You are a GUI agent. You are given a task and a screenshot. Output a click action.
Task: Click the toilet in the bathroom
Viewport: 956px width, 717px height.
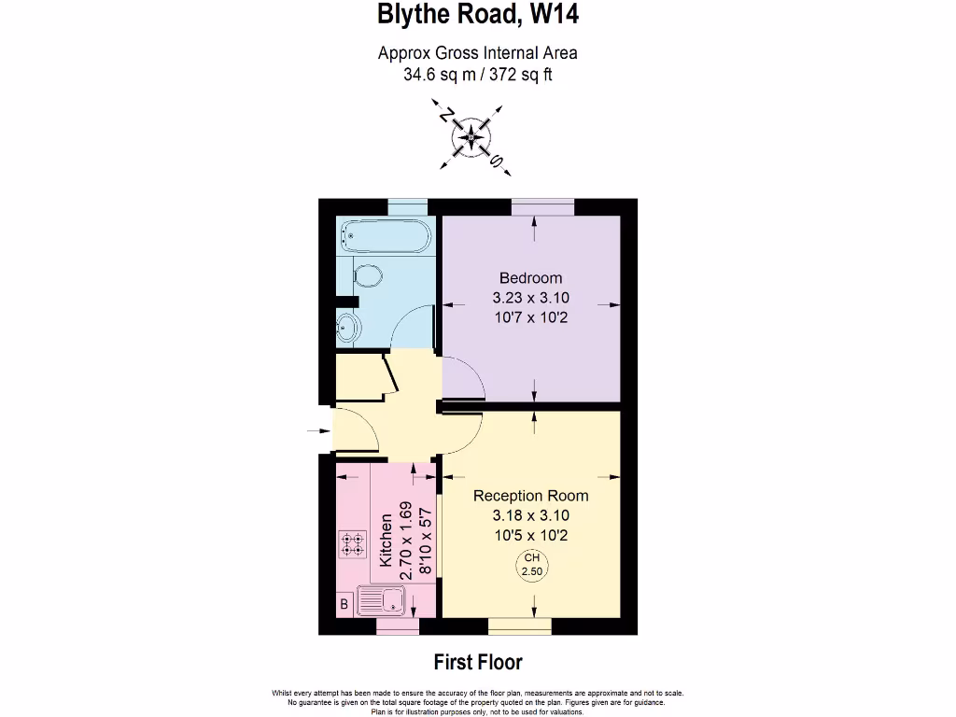click(365, 276)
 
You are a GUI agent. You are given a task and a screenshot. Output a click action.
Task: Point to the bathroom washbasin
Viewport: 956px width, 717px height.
click(348, 328)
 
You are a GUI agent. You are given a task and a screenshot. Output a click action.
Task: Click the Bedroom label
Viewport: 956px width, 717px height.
click(530, 277)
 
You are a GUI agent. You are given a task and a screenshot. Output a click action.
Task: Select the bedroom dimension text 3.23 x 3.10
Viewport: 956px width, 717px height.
click(530, 298)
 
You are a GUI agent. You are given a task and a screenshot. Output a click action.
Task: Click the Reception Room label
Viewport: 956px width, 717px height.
click(530, 495)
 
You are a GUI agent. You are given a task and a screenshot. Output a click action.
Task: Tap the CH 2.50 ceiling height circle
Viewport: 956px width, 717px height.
click(531, 565)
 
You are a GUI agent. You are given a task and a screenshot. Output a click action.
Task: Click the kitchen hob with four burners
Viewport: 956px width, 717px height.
click(352, 544)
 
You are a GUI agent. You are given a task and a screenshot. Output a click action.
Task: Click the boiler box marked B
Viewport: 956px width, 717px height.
click(344, 605)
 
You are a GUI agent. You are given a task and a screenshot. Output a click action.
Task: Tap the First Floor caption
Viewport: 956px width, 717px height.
click(478, 662)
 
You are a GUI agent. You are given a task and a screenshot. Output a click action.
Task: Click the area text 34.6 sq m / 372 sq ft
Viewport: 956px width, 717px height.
click(477, 75)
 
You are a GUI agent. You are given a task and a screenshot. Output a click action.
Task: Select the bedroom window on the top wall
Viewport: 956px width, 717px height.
click(541, 206)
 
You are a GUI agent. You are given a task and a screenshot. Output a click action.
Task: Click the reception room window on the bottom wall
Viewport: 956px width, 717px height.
click(519, 625)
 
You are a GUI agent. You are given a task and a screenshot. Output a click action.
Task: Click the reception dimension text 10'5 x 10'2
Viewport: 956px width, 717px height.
click(530, 535)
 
